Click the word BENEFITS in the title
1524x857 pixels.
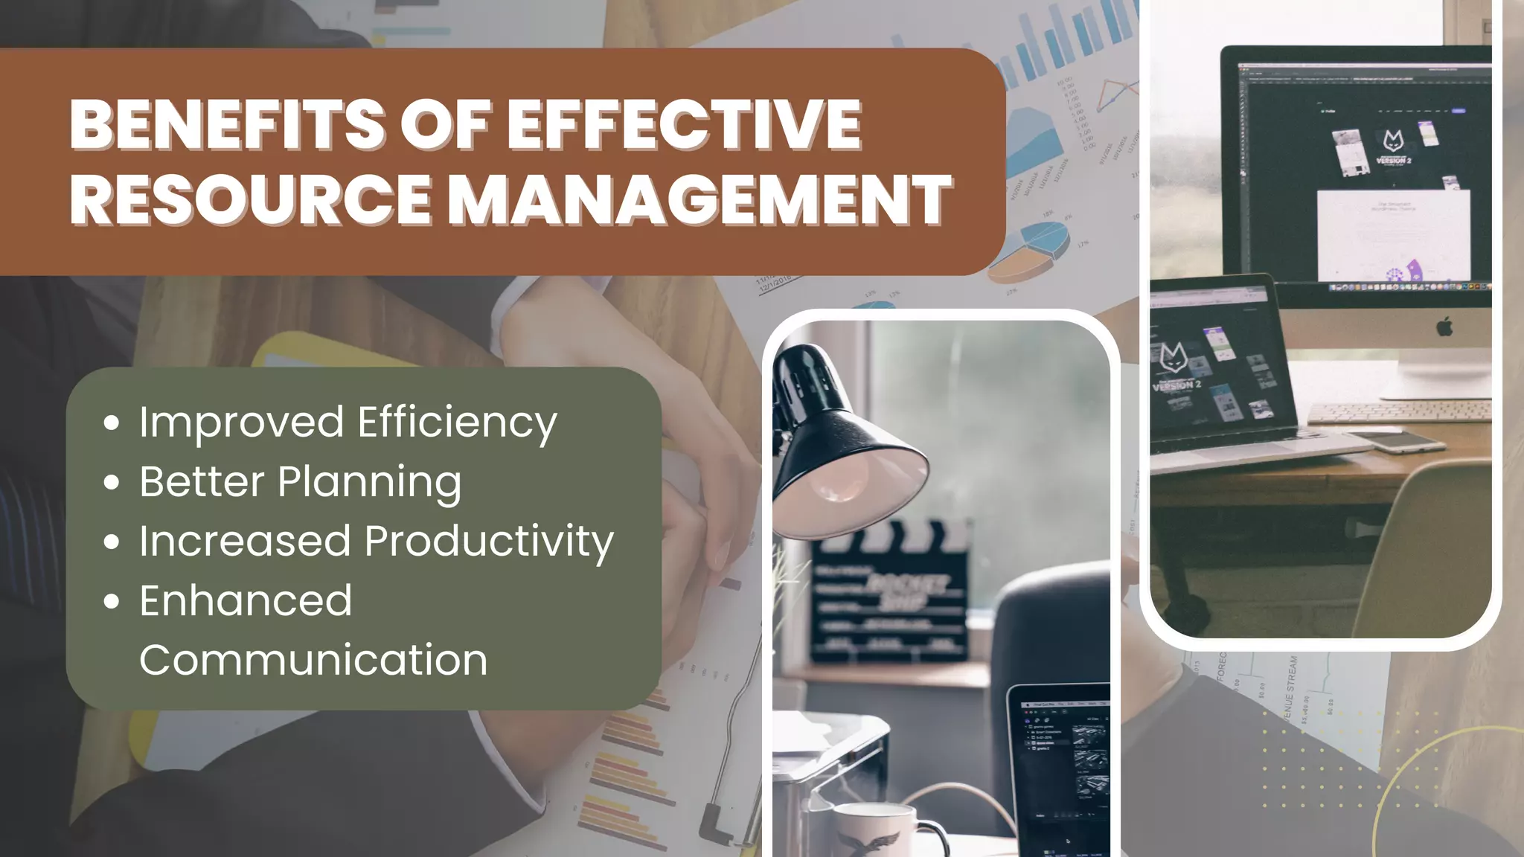point(227,124)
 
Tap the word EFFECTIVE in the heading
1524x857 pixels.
point(685,124)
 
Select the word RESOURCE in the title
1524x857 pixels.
point(251,200)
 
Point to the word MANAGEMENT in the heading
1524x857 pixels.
point(699,200)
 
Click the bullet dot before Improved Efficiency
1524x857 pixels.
point(112,423)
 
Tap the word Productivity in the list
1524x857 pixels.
point(489,542)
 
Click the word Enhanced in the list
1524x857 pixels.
point(246,601)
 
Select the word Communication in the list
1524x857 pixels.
point(313,661)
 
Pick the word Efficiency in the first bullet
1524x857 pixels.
point(457,423)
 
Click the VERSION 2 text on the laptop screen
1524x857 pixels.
point(1176,385)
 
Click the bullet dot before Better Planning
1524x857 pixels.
point(112,483)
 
